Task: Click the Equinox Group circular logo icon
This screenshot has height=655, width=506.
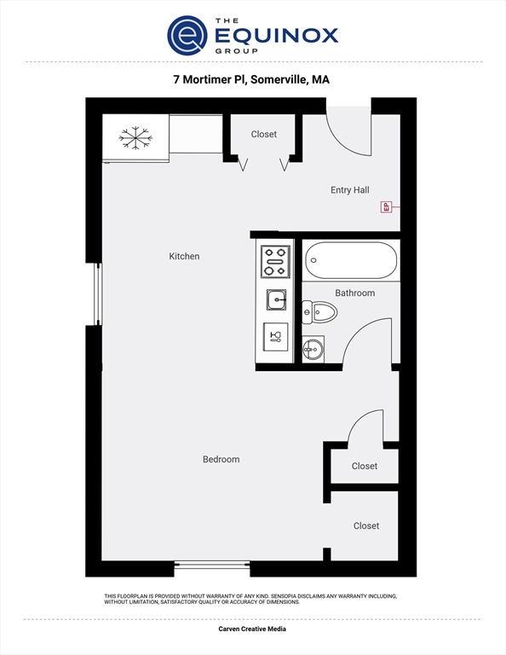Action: click(187, 35)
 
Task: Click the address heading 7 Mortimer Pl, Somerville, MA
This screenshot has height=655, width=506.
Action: click(251, 79)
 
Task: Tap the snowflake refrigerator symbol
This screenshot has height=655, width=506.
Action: click(135, 137)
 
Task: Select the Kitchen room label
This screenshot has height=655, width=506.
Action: click(184, 256)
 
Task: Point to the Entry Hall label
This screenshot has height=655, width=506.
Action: click(349, 190)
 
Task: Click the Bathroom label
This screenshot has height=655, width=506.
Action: click(354, 293)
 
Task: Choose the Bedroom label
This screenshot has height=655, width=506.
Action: click(221, 459)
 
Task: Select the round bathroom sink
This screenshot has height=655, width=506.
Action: click(313, 348)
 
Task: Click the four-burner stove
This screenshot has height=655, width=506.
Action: click(274, 261)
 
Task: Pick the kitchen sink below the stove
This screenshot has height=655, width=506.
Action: click(275, 299)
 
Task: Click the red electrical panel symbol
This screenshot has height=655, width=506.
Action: click(386, 206)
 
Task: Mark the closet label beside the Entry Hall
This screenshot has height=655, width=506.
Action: click(264, 134)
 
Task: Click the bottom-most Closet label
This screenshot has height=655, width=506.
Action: click(366, 525)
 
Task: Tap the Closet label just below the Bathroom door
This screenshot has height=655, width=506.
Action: click(365, 466)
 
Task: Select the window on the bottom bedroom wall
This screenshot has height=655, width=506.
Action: click(212, 565)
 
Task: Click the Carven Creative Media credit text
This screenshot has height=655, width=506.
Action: click(252, 629)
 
